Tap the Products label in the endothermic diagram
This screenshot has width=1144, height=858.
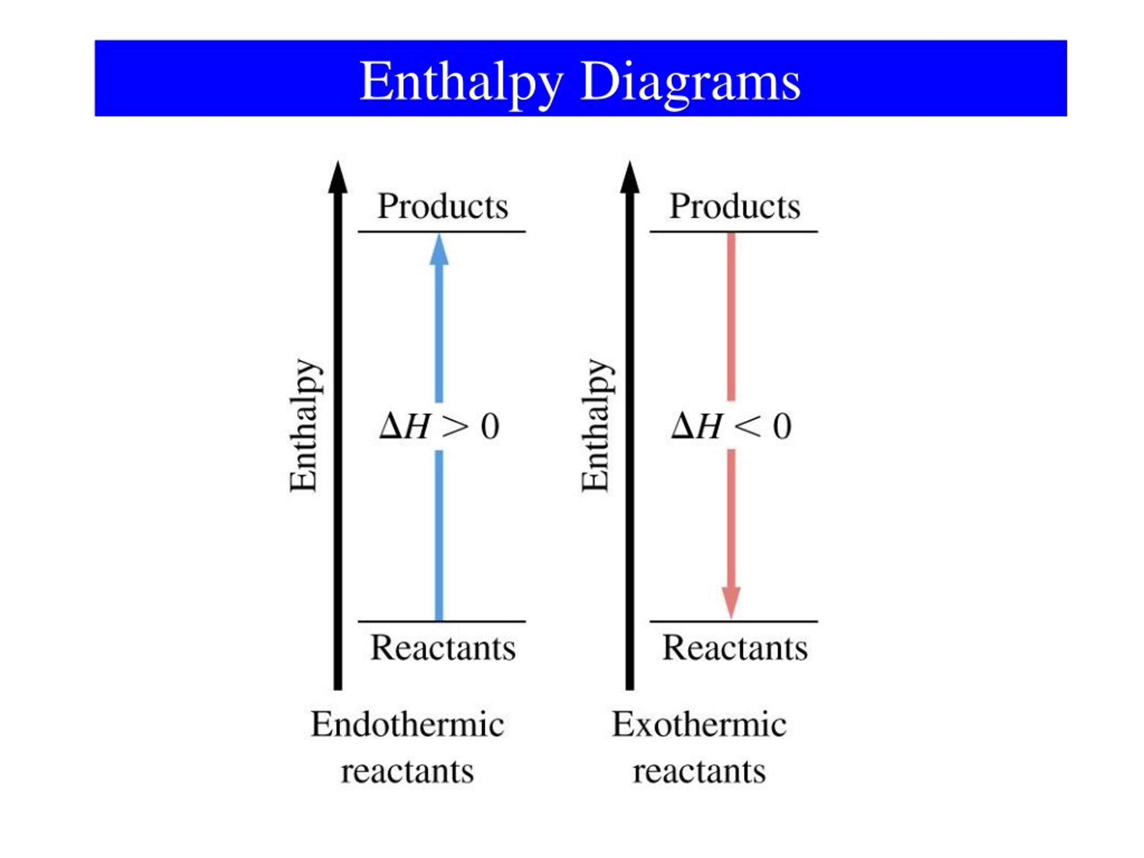(443, 206)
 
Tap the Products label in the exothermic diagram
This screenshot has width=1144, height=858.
(735, 206)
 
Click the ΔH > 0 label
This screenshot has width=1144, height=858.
(440, 427)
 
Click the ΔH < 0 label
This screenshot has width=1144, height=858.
(731, 427)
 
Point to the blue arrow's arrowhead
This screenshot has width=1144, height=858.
(439, 249)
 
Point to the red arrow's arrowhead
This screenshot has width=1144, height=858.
(731, 603)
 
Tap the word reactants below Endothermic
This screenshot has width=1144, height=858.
(408, 772)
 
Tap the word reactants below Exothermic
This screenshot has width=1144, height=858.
(699, 772)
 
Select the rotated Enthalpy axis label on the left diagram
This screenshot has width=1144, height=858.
(306, 425)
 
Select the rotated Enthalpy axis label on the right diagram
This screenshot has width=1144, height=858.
(597, 425)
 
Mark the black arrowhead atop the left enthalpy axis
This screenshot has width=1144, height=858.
(338, 177)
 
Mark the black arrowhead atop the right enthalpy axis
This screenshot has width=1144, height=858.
(630, 177)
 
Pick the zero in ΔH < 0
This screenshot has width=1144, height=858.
(782, 427)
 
